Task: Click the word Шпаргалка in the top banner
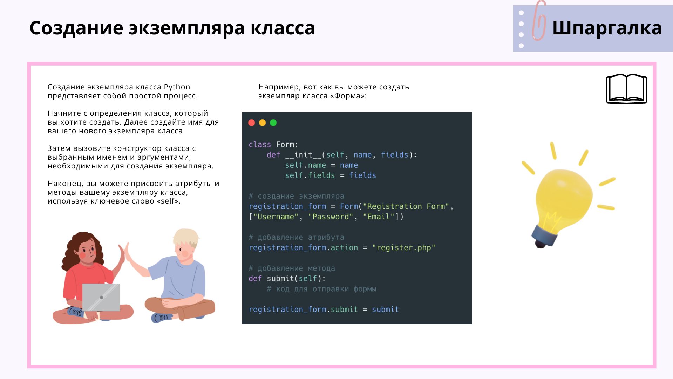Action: pos(607,28)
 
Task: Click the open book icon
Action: pos(627,89)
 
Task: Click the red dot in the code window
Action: pos(251,122)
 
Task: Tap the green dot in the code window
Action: pos(273,122)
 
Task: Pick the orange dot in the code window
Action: pos(262,122)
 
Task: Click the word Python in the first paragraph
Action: pos(177,87)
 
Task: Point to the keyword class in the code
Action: pos(260,145)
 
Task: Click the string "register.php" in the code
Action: pos(403,248)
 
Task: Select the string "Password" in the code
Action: pos(331,217)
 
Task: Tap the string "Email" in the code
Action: pos(379,217)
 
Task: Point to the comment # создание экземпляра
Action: pos(297,196)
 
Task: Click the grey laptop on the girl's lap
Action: pos(101,297)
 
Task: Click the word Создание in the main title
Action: pos(76,28)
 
